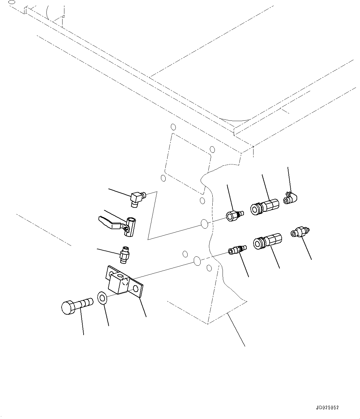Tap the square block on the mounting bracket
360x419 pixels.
click(x=119, y=283)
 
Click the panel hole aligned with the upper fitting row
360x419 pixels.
click(x=204, y=224)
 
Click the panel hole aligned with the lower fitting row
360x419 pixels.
click(x=197, y=261)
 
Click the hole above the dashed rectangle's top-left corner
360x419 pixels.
click(x=173, y=127)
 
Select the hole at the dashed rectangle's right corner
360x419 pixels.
click(x=212, y=150)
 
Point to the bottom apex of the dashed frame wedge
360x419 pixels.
click(x=208, y=324)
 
